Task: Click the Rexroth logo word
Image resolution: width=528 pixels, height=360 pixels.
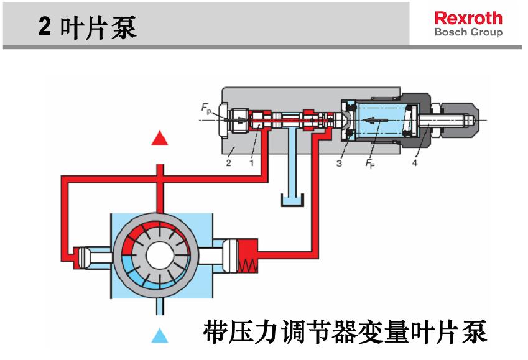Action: (468, 17)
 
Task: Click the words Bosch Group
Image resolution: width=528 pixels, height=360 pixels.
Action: (468, 32)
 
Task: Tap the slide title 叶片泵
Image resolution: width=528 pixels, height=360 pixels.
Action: (98, 28)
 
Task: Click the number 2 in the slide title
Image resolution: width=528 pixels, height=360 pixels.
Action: (45, 28)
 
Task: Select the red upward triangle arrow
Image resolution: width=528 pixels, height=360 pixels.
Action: (160, 138)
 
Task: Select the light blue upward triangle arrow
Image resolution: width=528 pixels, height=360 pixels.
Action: (160, 336)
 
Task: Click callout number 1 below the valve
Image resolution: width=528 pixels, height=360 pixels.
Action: (251, 163)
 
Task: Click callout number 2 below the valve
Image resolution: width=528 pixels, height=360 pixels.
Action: (228, 163)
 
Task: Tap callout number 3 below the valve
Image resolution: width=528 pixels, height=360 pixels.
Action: (339, 163)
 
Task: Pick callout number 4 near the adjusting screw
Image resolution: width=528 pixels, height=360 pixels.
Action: (415, 163)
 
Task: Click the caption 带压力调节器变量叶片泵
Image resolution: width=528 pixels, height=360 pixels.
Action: (345, 333)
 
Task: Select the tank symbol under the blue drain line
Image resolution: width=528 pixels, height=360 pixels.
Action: (291, 200)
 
